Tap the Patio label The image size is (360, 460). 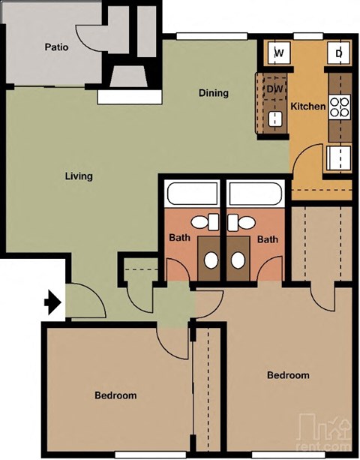56,47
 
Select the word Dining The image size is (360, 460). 213,93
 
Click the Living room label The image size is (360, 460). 78,176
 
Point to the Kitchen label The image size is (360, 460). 308,107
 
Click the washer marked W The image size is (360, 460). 278,53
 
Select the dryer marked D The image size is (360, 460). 339,53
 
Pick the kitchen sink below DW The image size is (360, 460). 274,118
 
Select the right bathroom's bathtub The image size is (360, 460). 256,196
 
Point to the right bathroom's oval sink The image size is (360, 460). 238,260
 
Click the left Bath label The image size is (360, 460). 181,239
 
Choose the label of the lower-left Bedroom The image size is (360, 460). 115,395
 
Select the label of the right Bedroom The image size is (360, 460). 288,375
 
